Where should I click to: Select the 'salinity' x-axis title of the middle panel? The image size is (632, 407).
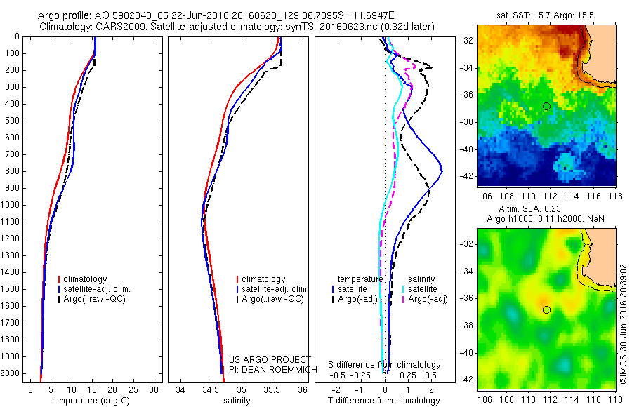coord(237,401)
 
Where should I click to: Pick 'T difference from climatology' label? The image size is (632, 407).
coord(384,401)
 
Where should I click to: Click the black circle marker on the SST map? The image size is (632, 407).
coord(546,106)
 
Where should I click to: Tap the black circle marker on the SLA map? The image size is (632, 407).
coord(546,309)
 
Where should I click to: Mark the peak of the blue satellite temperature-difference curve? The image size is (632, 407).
coord(442,171)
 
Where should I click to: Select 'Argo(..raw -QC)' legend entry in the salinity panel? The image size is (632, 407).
coord(272,299)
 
